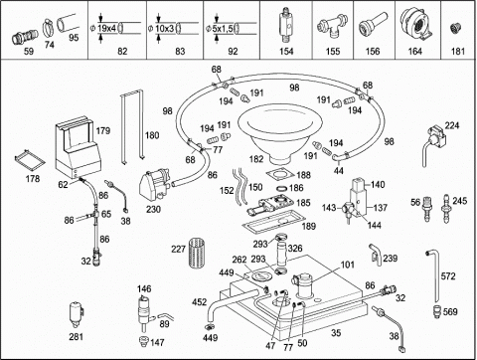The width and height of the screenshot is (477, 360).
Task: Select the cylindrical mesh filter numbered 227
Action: [197, 253]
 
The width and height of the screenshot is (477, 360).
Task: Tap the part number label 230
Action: [153, 210]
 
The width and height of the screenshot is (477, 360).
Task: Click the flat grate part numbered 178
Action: [29, 160]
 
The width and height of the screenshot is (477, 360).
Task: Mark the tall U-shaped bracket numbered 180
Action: [132, 126]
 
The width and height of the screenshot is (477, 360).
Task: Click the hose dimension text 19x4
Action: [106, 29]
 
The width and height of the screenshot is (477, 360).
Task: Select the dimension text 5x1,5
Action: [223, 29]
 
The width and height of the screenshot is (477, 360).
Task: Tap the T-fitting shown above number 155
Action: [332, 28]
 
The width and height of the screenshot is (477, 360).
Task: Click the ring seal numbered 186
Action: [281, 188]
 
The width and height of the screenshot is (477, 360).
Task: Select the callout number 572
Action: [448, 276]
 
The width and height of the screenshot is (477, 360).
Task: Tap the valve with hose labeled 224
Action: [433, 142]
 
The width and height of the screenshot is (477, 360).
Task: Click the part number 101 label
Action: [347, 265]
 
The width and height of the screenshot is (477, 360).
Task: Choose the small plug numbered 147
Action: [144, 341]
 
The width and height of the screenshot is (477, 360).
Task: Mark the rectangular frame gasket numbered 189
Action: [273, 222]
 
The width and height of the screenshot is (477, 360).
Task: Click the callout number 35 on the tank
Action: [336, 332]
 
